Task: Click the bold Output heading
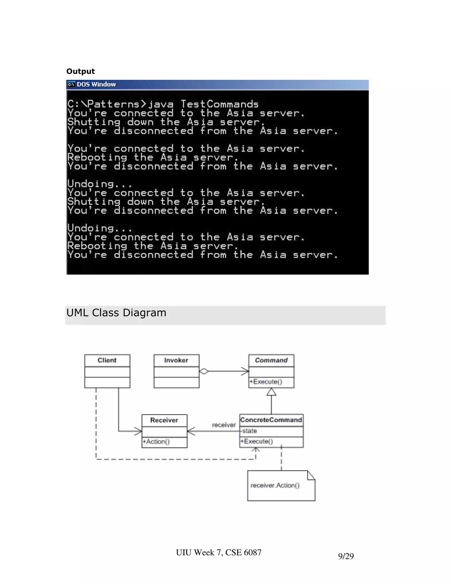(x=80, y=71)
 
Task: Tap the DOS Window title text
(x=96, y=84)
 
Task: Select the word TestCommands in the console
(x=220, y=104)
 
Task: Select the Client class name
(x=107, y=360)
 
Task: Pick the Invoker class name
(x=176, y=360)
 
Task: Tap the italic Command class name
(x=271, y=360)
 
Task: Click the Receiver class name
(x=164, y=420)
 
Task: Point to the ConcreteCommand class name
(x=271, y=420)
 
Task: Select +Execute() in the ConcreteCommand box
(x=257, y=441)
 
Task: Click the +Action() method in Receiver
(x=156, y=441)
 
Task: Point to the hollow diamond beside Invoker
(x=204, y=371)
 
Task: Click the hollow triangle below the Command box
(x=272, y=392)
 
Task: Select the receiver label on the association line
(x=224, y=425)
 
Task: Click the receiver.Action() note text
(x=275, y=485)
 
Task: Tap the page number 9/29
(x=346, y=556)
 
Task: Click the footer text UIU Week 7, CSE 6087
(x=218, y=552)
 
